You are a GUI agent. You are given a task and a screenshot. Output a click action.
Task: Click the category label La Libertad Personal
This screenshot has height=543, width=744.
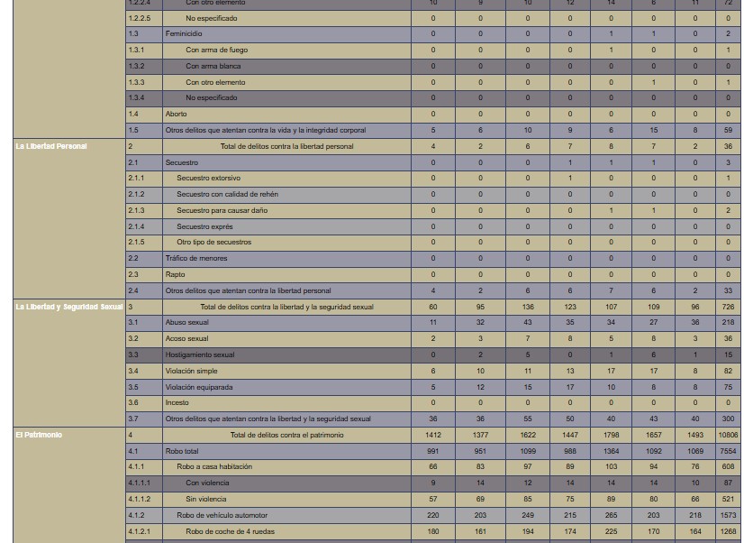point(51,146)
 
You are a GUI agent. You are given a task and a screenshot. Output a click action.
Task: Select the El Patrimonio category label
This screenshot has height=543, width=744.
point(39,435)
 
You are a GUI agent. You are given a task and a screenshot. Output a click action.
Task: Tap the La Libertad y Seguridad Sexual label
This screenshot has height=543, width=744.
point(68,307)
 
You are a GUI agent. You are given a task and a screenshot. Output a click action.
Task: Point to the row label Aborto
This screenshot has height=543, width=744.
point(176,114)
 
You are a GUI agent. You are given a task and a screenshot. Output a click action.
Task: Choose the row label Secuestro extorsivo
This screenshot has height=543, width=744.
point(208,178)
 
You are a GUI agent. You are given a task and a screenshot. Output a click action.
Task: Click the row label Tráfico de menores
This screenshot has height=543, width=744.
point(195,258)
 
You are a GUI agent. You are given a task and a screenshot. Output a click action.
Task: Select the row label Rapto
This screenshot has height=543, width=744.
point(175,274)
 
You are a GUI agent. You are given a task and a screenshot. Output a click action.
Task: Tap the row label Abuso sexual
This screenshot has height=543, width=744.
point(186,322)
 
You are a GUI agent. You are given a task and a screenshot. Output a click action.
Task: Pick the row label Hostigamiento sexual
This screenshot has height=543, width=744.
point(199,354)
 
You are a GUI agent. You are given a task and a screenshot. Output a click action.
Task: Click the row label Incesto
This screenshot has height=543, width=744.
point(177,402)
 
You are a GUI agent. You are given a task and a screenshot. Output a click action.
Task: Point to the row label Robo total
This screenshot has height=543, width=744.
point(182,451)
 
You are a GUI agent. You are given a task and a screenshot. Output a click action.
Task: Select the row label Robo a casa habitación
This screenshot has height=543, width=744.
point(214,466)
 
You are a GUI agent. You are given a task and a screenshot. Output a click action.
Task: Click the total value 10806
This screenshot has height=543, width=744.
point(728,435)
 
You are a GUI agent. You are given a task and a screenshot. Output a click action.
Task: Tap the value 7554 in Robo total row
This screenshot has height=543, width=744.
point(728,451)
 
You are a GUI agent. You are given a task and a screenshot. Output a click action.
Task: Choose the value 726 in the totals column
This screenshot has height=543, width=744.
point(728,307)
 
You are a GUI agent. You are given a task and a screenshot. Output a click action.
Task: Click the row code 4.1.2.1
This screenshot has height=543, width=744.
point(139,531)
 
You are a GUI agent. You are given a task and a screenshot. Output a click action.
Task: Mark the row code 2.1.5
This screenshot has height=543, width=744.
point(136,242)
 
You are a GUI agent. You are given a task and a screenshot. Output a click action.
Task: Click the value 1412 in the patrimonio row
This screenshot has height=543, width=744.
point(432,435)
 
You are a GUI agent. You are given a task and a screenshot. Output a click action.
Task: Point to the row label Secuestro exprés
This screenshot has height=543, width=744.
point(204,226)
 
